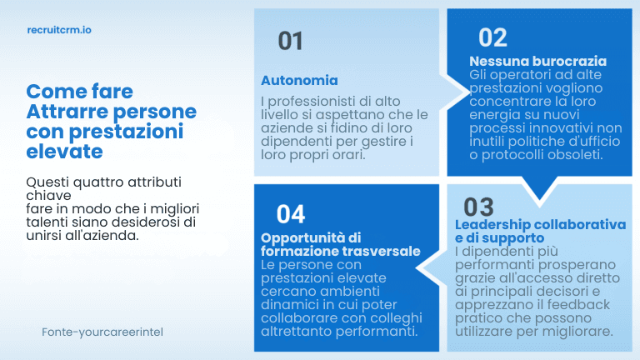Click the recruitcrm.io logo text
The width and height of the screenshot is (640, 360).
pos(59,28)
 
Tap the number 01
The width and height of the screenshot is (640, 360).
pos(290,41)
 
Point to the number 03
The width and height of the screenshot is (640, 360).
pos(478,207)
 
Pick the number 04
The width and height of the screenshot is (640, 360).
pos(290,214)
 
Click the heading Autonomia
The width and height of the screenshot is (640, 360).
pos(299,81)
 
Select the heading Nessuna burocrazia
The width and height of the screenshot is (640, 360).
pos(537,62)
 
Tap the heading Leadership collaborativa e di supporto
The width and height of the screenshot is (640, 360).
pos(540,231)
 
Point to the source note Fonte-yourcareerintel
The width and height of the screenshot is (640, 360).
pos(102,332)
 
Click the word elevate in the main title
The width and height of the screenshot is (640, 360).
pos(65,152)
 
